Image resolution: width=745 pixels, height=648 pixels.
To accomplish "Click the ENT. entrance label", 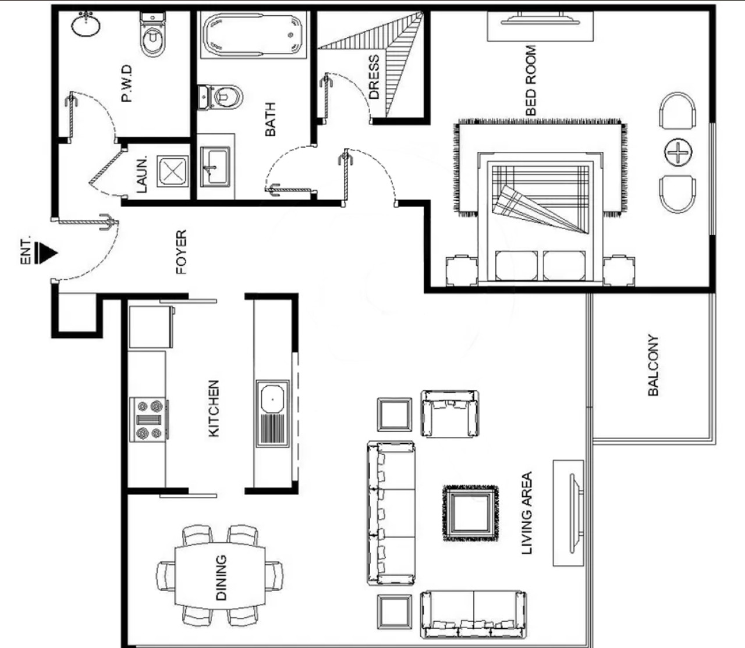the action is click(x=26, y=251).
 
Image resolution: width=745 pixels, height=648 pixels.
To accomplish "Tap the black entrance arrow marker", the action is click(x=46, y=252).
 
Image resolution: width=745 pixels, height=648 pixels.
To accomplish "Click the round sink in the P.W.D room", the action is click(x=86, y=24).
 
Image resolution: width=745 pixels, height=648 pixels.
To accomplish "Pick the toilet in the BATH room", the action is click(x=220, y=97).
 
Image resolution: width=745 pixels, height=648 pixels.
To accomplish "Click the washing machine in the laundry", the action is click(x=173, y=172).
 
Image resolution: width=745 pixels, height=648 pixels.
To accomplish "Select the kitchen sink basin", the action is click(x=272, y=414).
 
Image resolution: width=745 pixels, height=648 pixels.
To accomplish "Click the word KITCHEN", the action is click(x=214, y=408).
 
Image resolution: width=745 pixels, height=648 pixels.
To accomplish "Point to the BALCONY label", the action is click(x=653, y=365).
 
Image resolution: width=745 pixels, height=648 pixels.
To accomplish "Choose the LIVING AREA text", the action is click(x=527, y=512).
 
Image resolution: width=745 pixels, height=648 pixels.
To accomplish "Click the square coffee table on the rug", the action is click(x=470, y=514).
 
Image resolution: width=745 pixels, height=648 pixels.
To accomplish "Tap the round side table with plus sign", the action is click(x=678, y=152).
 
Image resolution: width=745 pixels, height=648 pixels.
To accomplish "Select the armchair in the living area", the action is click(x=450, y=414).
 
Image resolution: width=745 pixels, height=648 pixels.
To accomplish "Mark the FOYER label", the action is click(x=181, y=252).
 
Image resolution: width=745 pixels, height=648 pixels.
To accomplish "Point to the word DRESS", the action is click(x=374, y=77).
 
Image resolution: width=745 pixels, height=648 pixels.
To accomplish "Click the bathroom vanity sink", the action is click(x=215, y=166).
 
